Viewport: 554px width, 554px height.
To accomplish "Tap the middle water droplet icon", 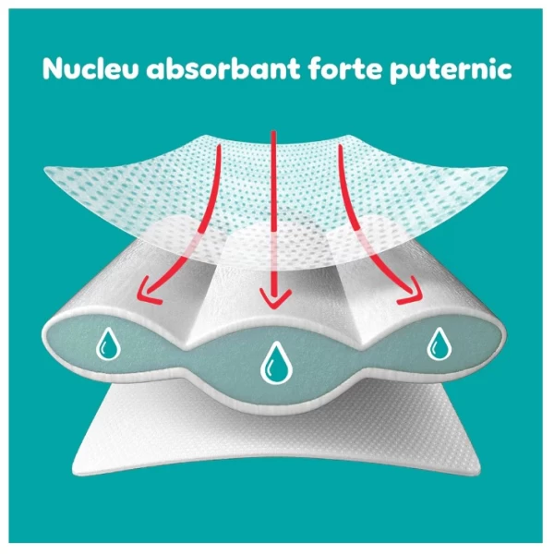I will click(274, 362).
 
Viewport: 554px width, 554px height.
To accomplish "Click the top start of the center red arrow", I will click(272, 132).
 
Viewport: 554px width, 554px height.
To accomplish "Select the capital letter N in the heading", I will click(53, 71).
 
